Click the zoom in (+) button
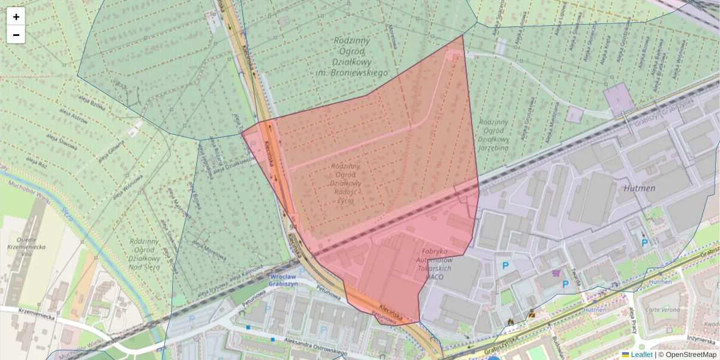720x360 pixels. (16, 17)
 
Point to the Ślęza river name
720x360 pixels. (68, 213)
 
